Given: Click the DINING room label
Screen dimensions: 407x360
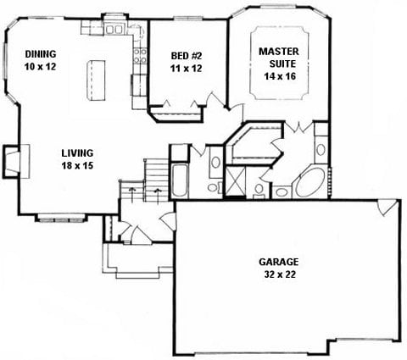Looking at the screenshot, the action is click(x=41, y=53).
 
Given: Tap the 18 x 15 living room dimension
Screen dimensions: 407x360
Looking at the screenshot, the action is click(x=77, y=165).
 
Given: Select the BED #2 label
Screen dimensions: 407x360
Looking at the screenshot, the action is click(x=187, y=56).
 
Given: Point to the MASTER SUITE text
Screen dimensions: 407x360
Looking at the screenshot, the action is click(x=279, y=58).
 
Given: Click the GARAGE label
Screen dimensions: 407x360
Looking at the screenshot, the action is click(x=279, y=262).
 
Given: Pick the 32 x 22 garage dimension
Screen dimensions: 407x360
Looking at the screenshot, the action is click(x=280, y=274).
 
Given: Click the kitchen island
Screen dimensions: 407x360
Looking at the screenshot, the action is click(x=96, y=80).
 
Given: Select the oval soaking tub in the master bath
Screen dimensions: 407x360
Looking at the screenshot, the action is click(x=310, y=182).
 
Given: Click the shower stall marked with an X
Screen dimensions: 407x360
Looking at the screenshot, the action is click(x=235, y=181).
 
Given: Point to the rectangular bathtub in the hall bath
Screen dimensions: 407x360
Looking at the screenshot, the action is click(x=179, y=180).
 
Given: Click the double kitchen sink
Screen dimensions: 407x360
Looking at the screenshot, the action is click(x=114, y=29).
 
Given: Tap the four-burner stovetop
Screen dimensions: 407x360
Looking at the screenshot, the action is click(x=140, y=56).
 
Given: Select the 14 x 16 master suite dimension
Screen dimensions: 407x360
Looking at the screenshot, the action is click(x=280, y=76).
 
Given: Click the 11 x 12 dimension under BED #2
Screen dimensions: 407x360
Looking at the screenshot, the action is click(x=187, y=69).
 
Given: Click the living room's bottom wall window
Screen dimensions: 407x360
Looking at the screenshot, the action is click(x=61, y=219).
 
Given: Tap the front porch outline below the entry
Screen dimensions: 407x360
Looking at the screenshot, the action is click(x=137, y=261).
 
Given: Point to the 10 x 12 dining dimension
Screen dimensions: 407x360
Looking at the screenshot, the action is click(x=40, y=67).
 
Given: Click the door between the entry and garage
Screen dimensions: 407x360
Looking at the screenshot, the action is click(x=168, y=221).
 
